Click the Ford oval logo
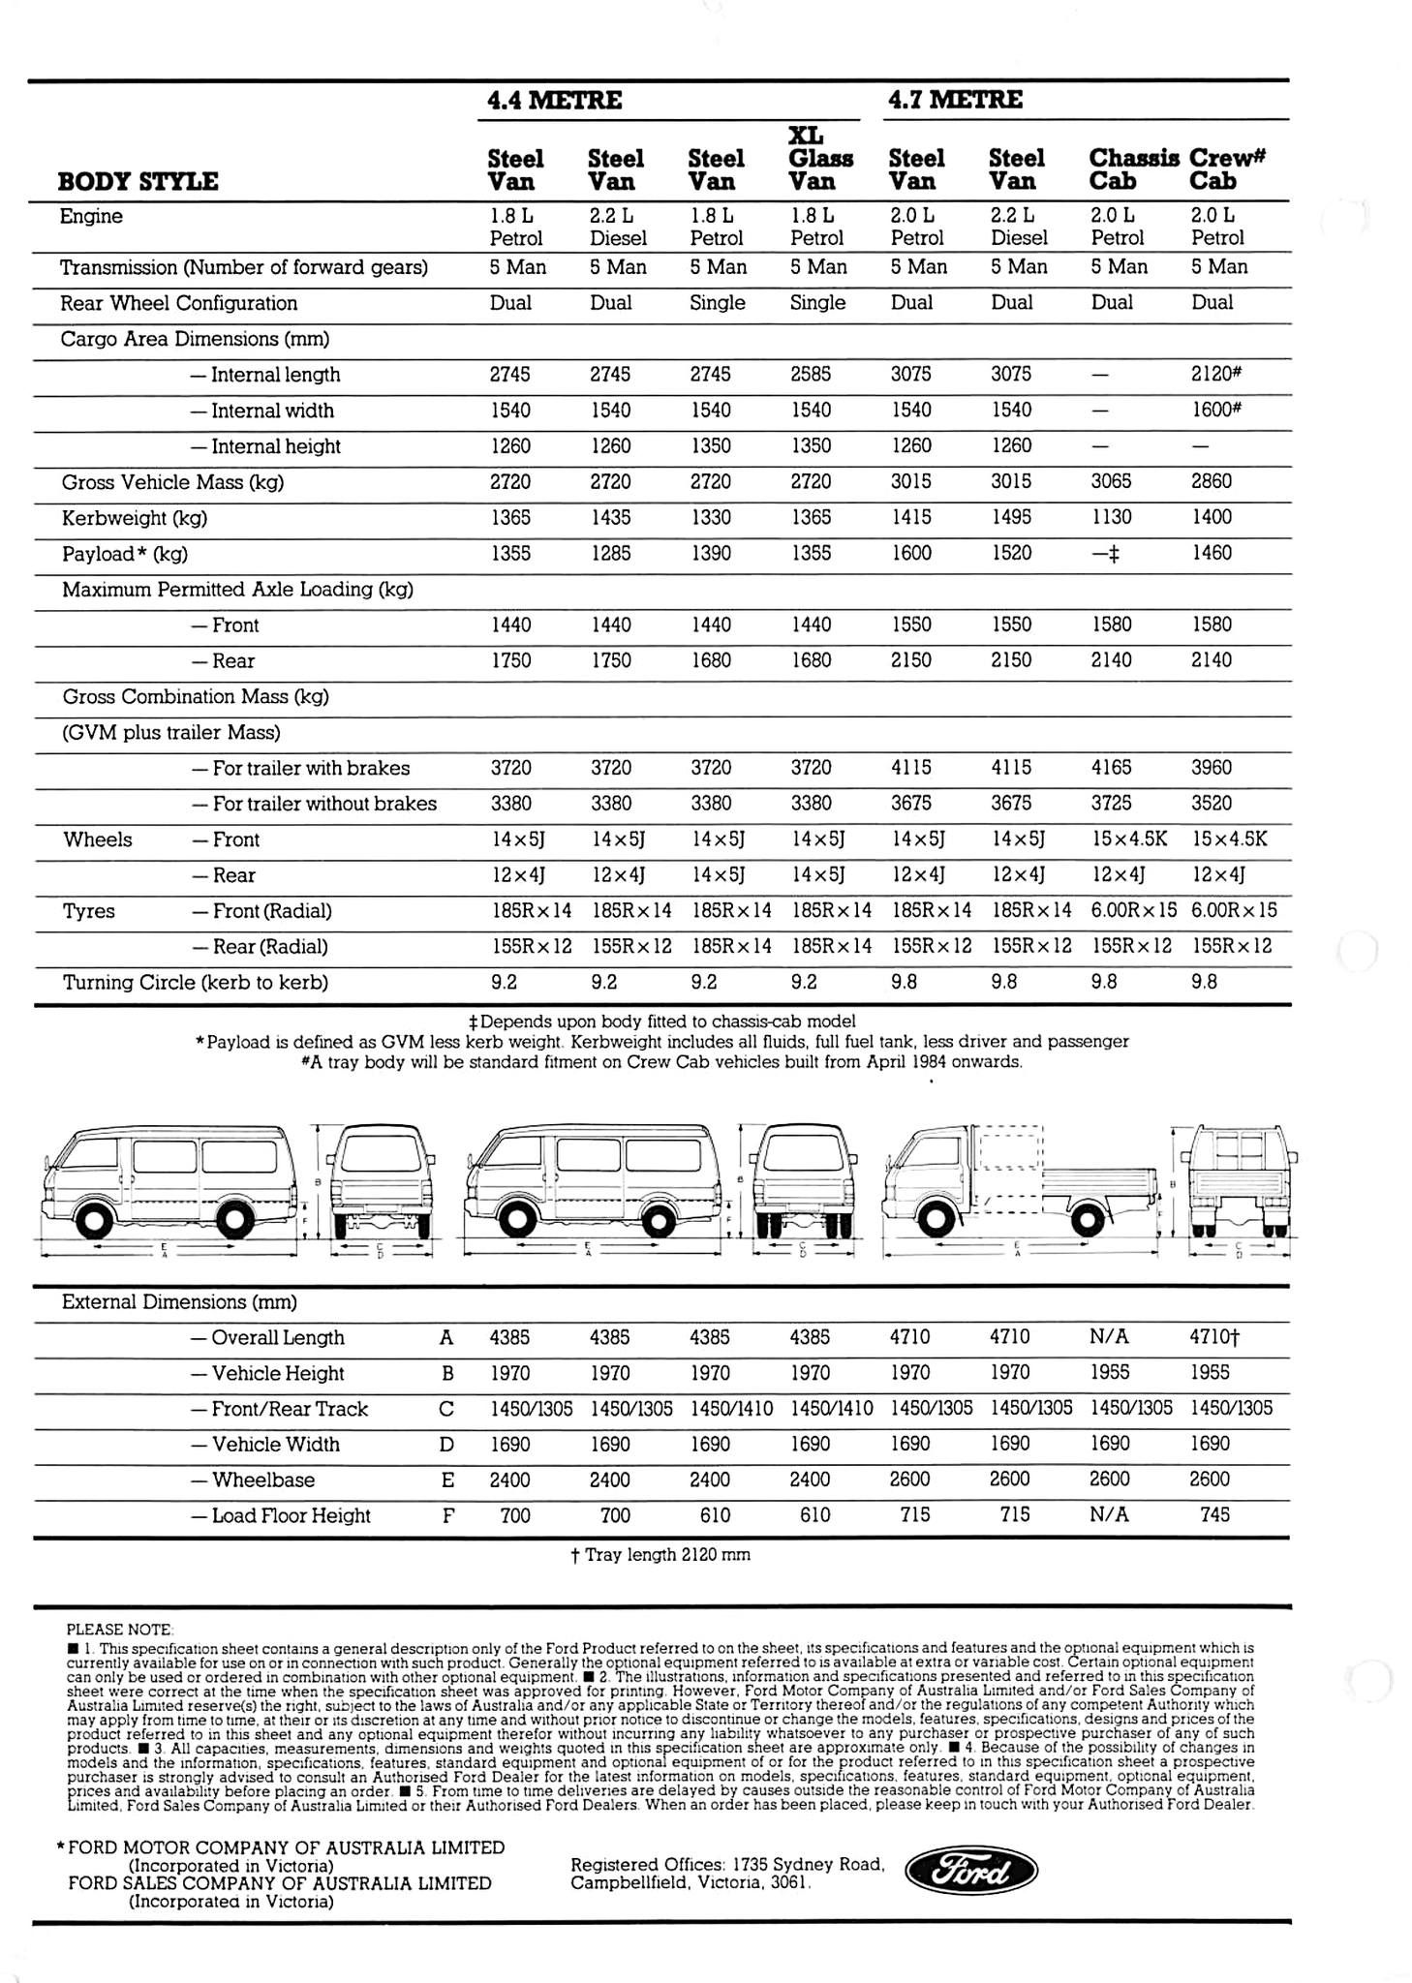click(x=970, y=1873)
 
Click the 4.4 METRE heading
click(x=554, y=100)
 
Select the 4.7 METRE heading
click(x=955, y=100)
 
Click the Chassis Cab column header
click(x=1133, y=169)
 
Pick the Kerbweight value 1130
click(x=1111, y=517)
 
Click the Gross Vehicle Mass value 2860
click(x=1211, y=481)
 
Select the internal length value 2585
click(x=811, y=374)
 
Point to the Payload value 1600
click(x=910, y=553)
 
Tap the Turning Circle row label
click(x=196, y=983)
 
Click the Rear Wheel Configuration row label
click(x=178, y=303)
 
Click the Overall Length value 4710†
click(x=1214, y=1337)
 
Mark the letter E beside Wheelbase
click(x=446, y=1480)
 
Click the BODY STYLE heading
click(x=138, y=181)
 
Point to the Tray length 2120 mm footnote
click(x=660, y=1555)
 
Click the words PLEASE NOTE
click(x=119, y=1630)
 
